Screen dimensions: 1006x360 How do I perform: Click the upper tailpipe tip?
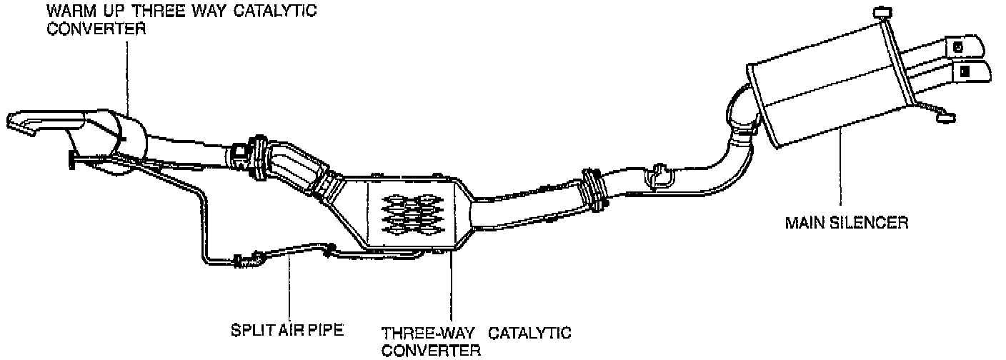[965, 46]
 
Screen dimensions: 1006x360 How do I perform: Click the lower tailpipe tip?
[972, 71]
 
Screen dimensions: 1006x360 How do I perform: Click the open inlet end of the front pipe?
[21, 121]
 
